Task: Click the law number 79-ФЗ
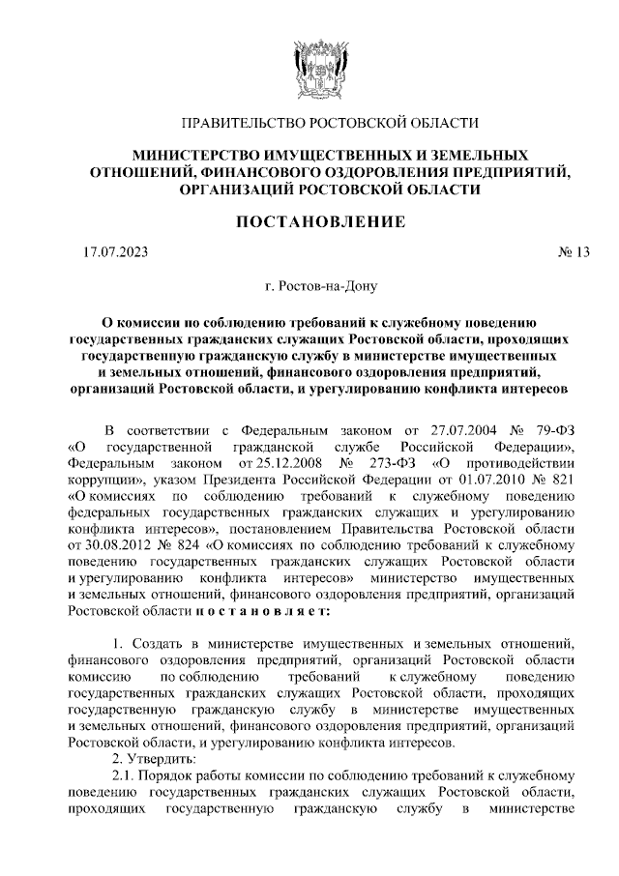(x=552, y=430)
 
